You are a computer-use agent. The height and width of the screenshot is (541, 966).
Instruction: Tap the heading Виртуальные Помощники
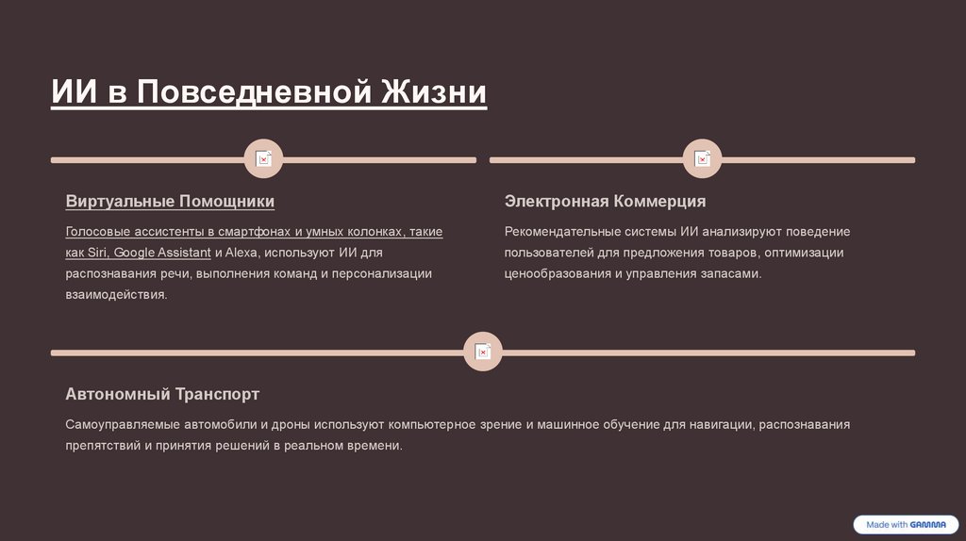(x=170, y=202)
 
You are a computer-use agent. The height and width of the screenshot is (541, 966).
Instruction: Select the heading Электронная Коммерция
(x=605, y=202)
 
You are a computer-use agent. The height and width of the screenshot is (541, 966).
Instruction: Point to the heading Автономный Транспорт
(x=162, y=394)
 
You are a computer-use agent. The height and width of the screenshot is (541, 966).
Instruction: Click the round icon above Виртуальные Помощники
(x=263, y=159)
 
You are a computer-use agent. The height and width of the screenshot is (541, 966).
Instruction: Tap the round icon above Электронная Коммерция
(x=702, y=159)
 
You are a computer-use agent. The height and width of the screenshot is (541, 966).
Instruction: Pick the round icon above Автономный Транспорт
(x=483, y=352)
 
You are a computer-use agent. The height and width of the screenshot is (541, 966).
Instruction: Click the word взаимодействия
(x=116, y=295)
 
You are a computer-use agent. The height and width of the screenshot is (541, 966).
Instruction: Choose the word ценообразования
(x=558, y=273)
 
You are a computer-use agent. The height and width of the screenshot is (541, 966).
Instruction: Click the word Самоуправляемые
(x=123, y=425)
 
